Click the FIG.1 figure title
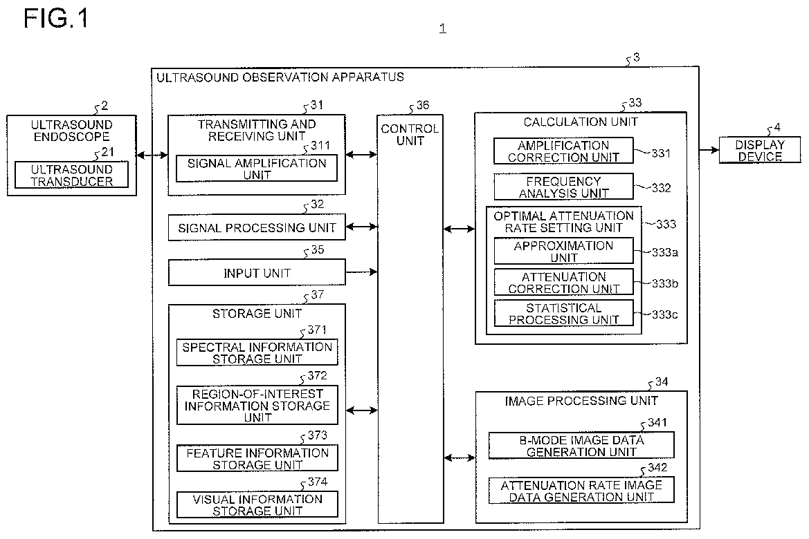click(56, 19)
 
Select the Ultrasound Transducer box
click(72, 175)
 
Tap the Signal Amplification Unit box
click(257, 169)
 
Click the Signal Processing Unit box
click(257, 227)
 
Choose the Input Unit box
click(257, 272)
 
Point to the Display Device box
click(760, 150)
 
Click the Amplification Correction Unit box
click(563, 151)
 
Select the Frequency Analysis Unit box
click(563, 187)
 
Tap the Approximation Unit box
click(563, 251)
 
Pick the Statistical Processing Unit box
click(563, 313)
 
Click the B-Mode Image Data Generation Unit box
click(581, 445)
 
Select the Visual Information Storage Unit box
click(257, 504)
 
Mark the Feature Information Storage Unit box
click(257, 458)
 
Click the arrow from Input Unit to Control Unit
click(362, 272)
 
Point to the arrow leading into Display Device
click(709, 150)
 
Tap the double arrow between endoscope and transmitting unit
click(152, 155)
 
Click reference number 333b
click(664, 283)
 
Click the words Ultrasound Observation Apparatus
click(280, 77)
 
